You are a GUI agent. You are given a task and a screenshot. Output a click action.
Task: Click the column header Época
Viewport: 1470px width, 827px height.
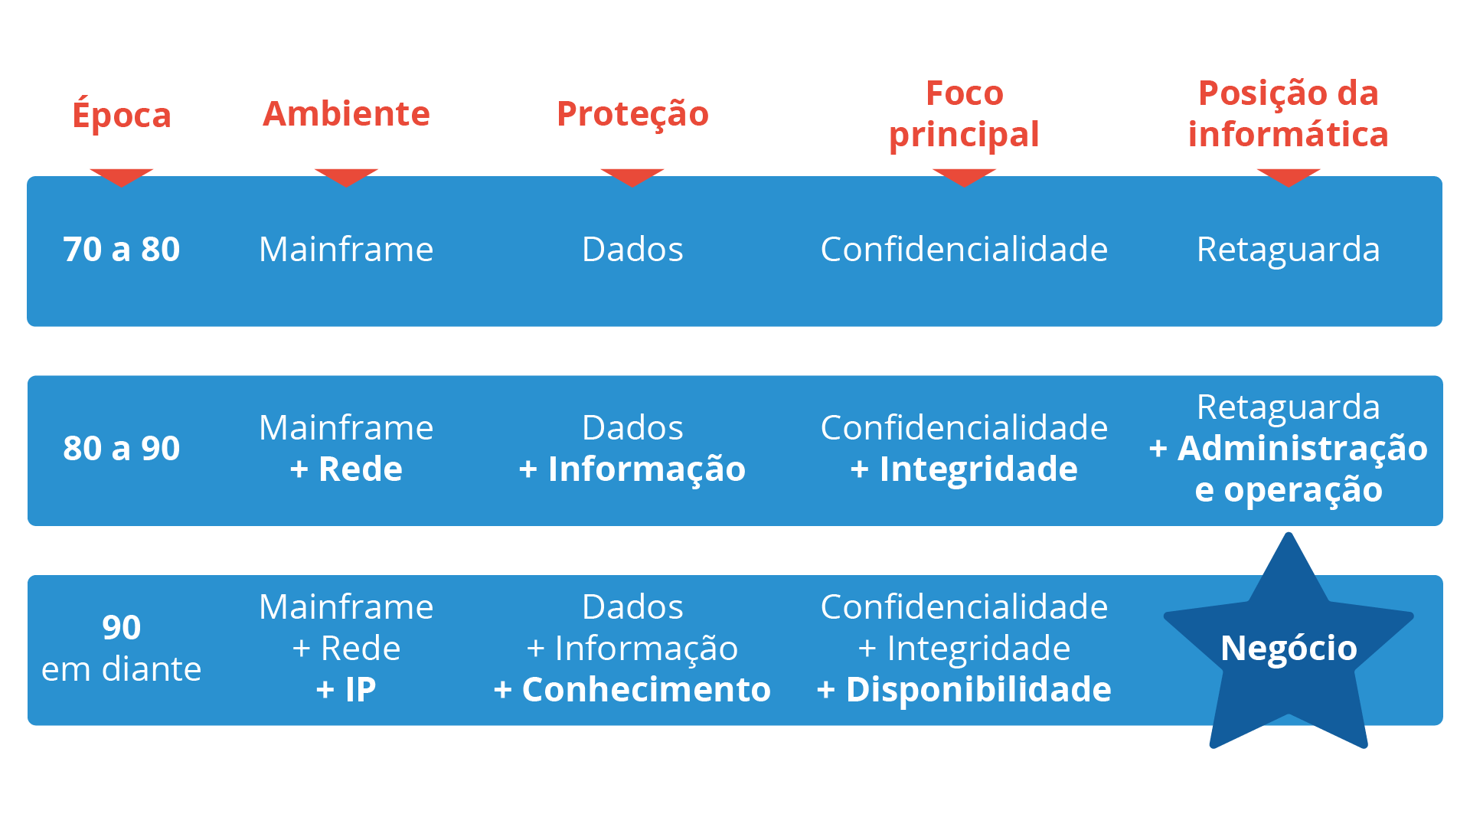pos(121,113)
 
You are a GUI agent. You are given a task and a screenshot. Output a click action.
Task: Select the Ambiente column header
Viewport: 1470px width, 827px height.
pos(346,113)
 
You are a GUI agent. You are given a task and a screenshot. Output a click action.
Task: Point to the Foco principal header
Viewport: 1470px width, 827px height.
pos(964,113)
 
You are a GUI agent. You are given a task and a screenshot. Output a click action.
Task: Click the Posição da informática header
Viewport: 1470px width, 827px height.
pos(1289,113)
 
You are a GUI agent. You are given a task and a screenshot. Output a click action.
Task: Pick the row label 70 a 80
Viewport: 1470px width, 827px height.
pos(121,249)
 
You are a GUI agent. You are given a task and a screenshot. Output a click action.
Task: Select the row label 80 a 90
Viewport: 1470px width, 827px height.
pos(121,448)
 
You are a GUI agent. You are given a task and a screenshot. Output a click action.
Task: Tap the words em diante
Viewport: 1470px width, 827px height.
pos(121,668)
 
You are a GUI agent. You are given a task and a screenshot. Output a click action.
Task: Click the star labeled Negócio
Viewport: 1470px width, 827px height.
pos(1289,647)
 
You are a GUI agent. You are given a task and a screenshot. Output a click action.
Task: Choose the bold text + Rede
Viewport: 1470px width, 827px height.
pos(346,469)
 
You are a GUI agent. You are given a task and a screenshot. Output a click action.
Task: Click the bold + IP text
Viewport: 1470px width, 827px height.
pos(346,689)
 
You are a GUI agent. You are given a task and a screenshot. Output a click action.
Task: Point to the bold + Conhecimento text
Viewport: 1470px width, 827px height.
pos(632,689)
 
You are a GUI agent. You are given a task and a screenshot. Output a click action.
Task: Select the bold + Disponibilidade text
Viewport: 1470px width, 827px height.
pos(964,689)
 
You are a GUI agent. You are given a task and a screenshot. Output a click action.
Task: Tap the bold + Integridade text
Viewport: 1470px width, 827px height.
pos(964,469)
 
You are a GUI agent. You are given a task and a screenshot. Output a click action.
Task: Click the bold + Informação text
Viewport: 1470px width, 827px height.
pos(632,469)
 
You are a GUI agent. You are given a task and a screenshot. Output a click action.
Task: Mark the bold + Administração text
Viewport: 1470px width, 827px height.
pos(1289,449)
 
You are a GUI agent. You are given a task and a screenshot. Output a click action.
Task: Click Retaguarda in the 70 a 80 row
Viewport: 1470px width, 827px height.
pos(1289,249)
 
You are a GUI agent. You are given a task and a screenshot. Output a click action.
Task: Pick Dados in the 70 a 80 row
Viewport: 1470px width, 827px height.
pos(632,249)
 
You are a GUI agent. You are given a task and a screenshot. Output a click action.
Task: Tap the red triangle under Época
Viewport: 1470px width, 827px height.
pos(121,176)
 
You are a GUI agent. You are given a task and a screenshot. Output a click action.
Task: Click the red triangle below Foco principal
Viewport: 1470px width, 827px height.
pos(964,176)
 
